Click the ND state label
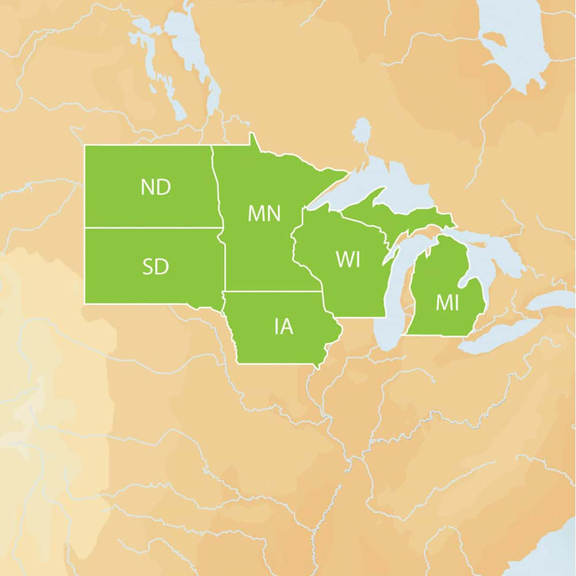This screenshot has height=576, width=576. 156,187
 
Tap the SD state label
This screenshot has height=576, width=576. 156,267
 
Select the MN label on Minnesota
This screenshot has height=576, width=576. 264,214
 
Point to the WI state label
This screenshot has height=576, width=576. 348,259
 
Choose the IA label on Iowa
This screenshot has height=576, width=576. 284,327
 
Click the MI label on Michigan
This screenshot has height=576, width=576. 447,303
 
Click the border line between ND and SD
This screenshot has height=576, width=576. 153,228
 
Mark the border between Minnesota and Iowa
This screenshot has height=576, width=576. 271,291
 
